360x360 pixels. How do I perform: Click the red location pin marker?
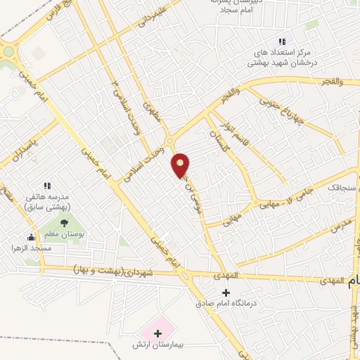(181, 165)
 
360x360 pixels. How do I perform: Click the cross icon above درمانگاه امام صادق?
(225, 292)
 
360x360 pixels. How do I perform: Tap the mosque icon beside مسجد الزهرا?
(31, 237)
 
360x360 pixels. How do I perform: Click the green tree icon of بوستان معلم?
(65, 224)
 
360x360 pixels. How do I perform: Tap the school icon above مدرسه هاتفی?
(46, 186)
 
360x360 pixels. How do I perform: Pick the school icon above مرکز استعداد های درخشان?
(282, 41)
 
